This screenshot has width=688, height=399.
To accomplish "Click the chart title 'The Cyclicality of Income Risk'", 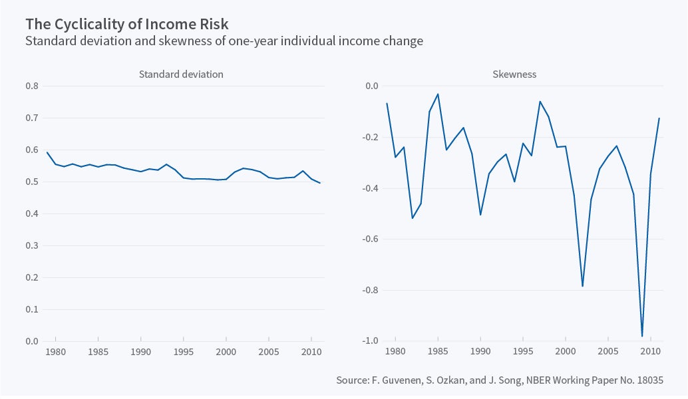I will pos(126,25).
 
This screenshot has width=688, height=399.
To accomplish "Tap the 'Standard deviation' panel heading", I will pos(181,74).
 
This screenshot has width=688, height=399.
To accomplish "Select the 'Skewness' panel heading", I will pos(514,74).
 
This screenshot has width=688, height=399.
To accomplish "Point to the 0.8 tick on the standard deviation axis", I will pos(32,86).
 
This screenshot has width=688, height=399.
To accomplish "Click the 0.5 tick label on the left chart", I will pos(32,182).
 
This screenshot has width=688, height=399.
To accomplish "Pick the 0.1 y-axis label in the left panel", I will pos(32,310).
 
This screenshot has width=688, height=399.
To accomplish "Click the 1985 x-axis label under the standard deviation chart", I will pos(98,351).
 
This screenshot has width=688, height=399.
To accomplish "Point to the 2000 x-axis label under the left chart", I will pos(226,351).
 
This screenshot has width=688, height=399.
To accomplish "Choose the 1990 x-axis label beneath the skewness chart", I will pos(480,351).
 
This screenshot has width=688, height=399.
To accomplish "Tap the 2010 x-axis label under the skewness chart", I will pos(651,351).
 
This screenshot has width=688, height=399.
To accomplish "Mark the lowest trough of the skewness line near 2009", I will pos(642,336).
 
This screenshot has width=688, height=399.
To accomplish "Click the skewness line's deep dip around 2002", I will pos(583,286).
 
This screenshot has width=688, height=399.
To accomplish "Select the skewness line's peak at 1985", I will pos(438,94).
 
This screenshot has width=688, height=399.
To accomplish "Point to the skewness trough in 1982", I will pos(413,218).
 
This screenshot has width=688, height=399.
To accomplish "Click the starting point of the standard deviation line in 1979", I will pos(47,152).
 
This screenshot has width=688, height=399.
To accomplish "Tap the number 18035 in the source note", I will pos(649,380).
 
